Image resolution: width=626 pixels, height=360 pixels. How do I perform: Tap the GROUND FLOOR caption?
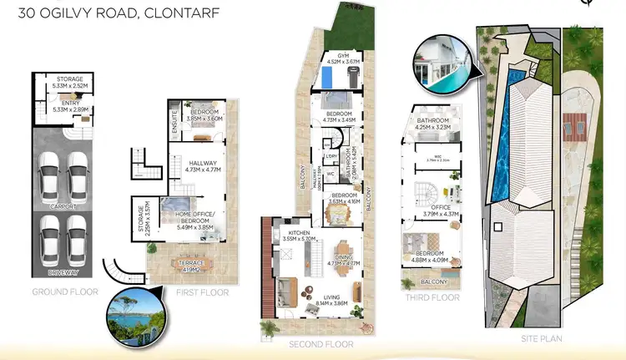click(65, 292)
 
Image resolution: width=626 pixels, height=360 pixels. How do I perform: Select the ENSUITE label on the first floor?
click(174, 121)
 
